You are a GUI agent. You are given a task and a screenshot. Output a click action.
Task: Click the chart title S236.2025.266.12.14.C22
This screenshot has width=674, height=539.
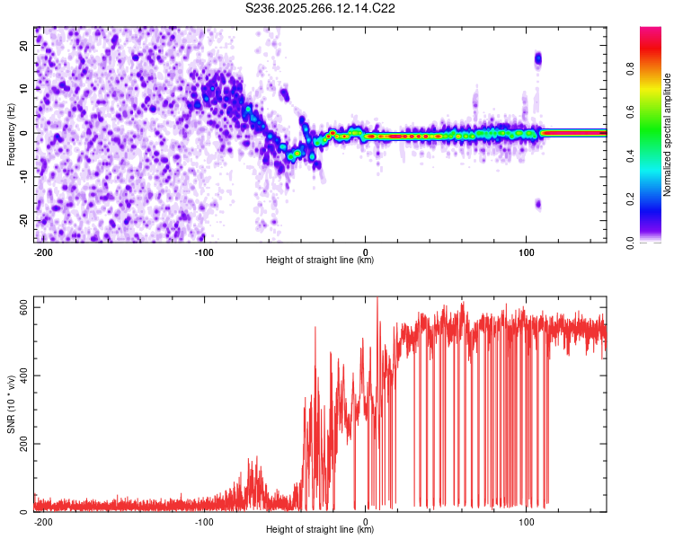[320, 8]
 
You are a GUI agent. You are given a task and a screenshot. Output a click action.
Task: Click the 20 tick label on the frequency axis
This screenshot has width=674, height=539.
[23, 46]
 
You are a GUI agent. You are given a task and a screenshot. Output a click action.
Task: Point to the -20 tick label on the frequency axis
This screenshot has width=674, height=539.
[23, 220]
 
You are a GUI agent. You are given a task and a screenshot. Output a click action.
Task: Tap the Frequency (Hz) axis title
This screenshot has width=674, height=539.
[11, 135]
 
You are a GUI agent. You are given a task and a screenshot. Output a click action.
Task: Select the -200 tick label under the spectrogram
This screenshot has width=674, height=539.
[42, 252]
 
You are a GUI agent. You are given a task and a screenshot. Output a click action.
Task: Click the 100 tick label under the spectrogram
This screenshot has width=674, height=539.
[526, 252]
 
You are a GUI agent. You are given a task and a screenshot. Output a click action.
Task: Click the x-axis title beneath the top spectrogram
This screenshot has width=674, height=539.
[320, 260]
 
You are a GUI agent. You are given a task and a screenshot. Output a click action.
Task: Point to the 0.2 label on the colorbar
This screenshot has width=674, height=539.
[631, 199]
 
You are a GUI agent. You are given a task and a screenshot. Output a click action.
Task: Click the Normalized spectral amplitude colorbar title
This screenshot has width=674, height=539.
[667, 135]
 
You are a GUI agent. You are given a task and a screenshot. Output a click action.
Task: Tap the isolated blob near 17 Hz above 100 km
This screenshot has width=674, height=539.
[537, 59]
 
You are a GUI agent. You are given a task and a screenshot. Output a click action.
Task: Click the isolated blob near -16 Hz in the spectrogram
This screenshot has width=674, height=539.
[538, 204]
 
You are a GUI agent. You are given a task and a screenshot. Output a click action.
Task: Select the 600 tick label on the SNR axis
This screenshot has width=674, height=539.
[23, 308]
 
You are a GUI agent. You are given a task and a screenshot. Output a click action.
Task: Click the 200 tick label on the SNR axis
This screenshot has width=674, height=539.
[23, 444]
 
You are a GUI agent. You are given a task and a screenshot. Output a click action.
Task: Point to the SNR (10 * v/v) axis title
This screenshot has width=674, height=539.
[11, 404]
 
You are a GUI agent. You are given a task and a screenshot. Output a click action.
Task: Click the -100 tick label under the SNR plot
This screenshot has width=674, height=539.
[204, 522]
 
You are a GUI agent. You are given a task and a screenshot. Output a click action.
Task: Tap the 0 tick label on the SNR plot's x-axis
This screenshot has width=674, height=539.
[365, 522]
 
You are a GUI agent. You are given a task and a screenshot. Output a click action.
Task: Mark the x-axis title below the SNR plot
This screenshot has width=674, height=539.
[320, 529]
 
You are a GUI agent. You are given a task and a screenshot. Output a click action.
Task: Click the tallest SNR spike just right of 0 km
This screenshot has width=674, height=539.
[377, 298]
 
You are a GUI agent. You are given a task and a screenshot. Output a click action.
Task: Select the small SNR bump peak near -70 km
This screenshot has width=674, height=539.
[257, 457]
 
